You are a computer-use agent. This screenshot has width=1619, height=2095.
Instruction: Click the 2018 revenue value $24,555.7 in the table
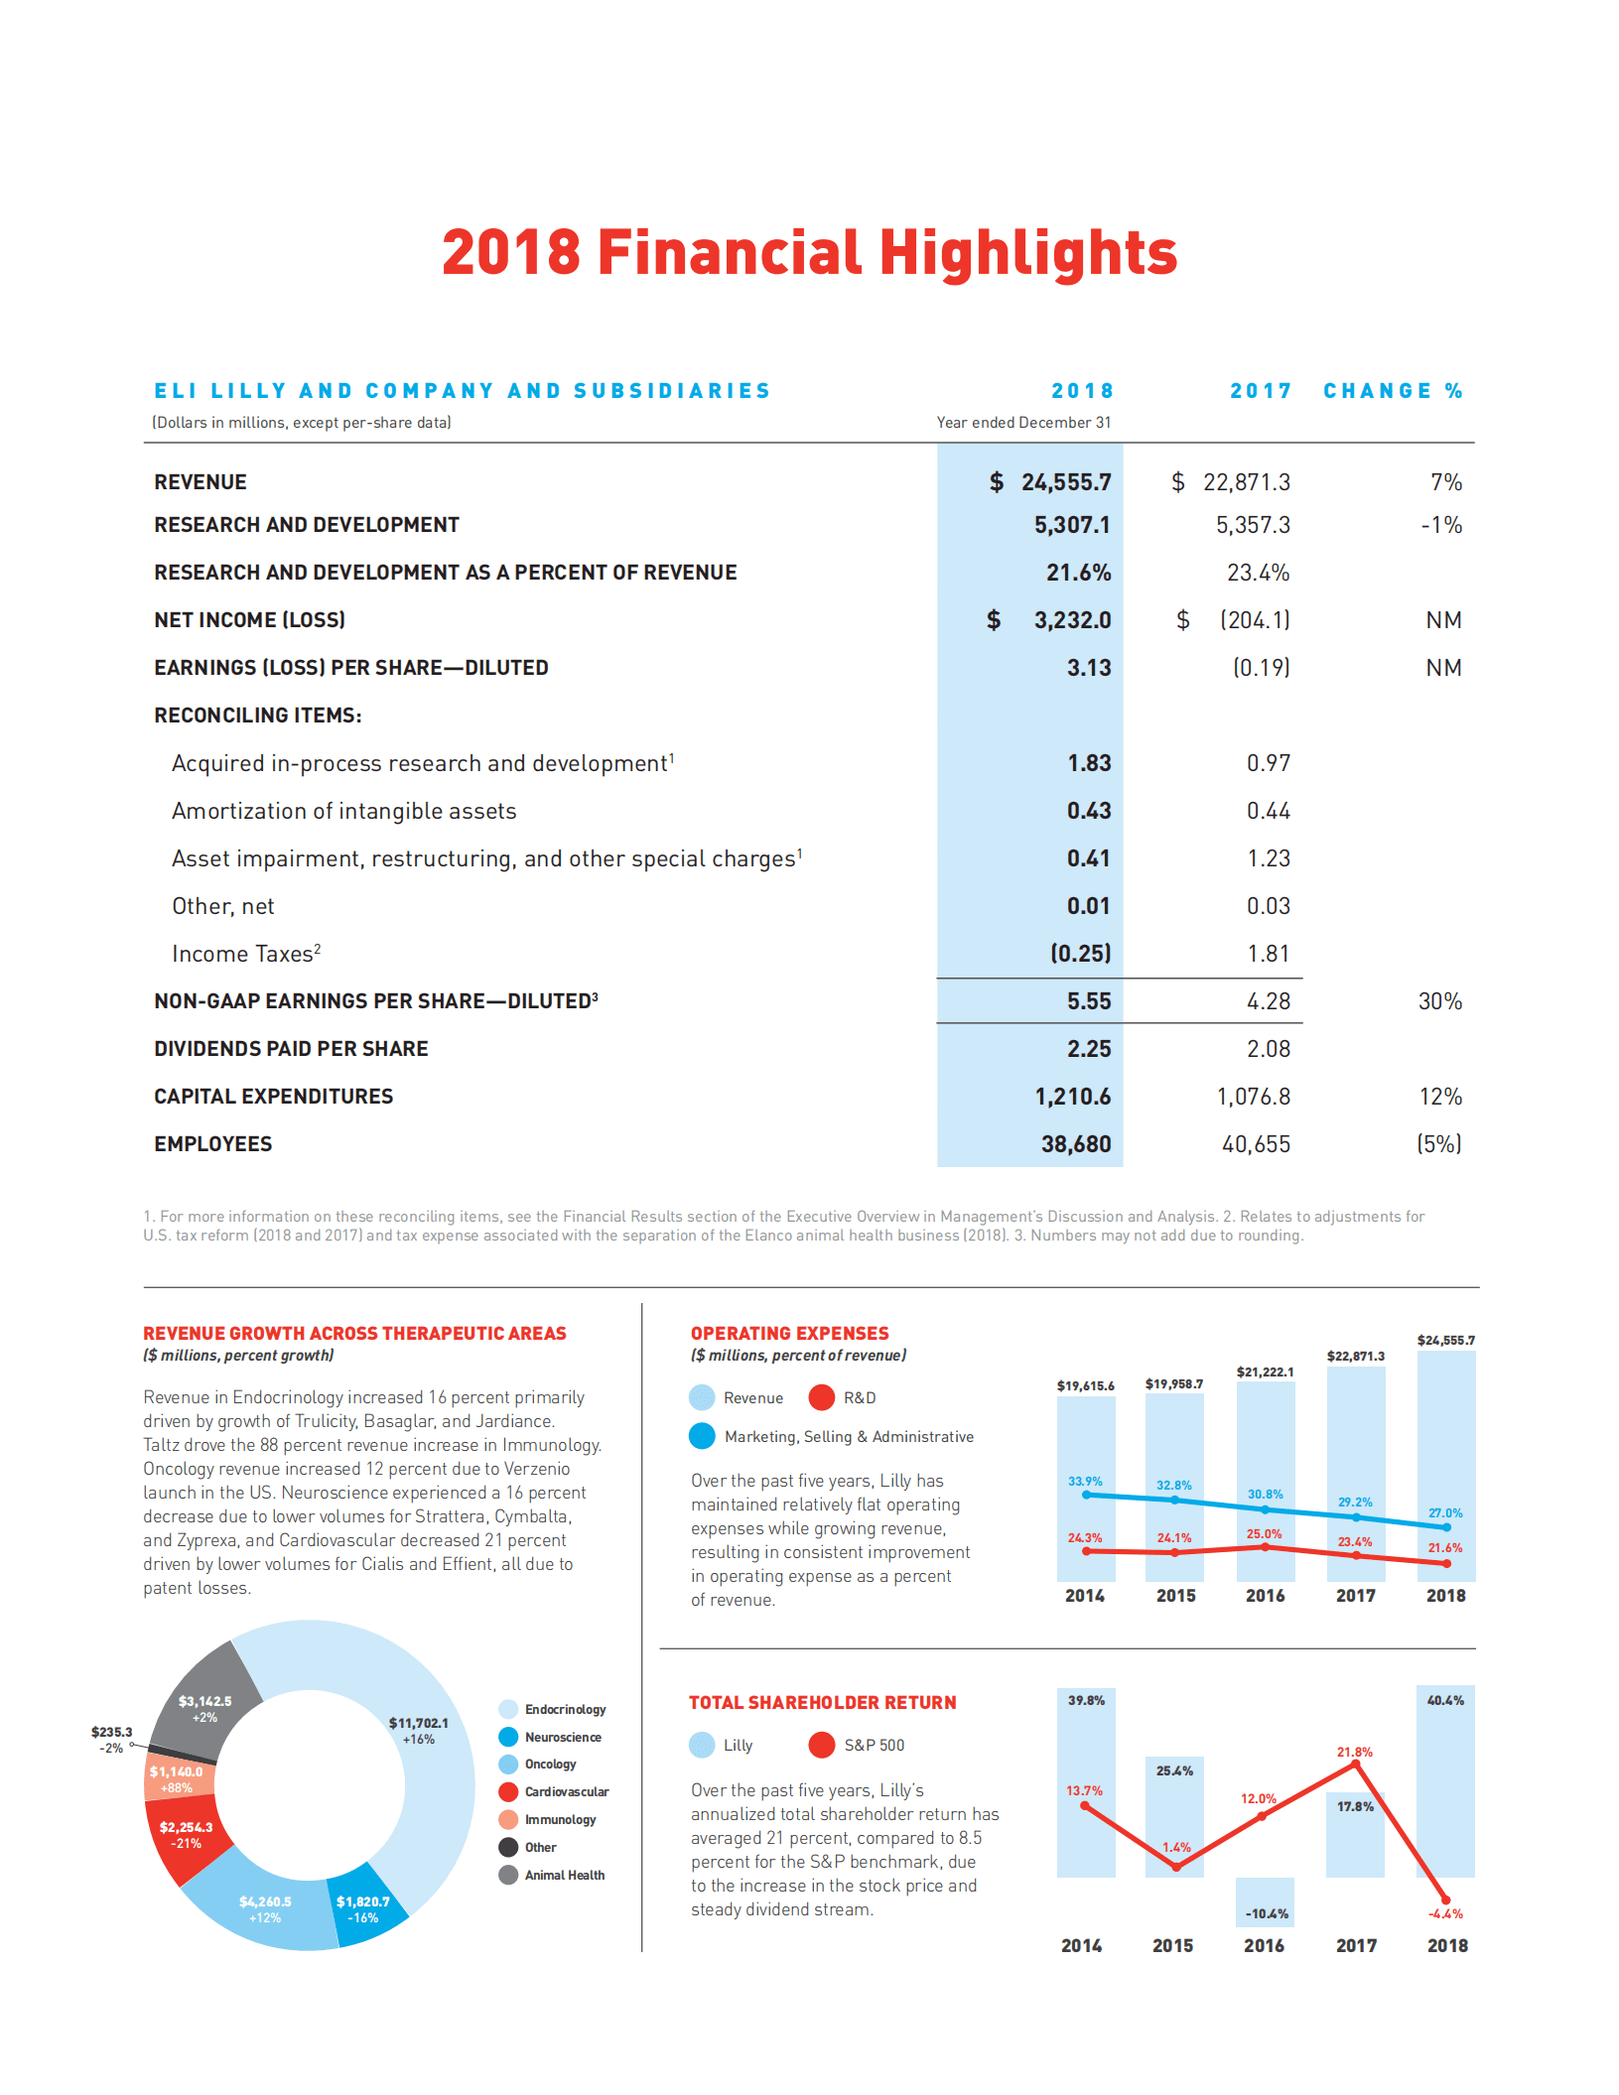[1065, 482]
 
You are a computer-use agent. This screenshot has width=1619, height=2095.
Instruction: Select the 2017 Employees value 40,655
[1256, 1144]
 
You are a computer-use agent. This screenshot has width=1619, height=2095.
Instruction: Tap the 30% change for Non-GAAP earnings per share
[1439, 1001]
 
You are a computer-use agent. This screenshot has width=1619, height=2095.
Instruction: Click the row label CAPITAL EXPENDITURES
[273, 1097]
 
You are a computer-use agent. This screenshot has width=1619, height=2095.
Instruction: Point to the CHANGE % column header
[1393, 391]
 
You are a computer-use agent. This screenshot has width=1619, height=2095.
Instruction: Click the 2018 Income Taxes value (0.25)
[1080, 954]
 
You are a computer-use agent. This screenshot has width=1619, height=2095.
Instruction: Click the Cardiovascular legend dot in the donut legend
[508, 1791]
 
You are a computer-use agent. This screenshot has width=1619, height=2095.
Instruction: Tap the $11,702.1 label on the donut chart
[418, 1723]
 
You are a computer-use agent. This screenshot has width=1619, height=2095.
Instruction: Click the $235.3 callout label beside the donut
[111, 1732]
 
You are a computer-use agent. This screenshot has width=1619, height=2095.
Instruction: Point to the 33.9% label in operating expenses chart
[1085, 1481]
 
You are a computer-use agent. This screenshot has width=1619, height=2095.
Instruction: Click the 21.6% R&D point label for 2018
[1444, 1547]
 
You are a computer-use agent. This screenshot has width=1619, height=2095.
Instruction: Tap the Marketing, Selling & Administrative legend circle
[702, 1436]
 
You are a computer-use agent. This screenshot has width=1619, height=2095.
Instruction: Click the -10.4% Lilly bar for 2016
[1265, 1901]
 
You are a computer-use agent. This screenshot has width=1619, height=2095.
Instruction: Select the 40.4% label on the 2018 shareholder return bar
[1444, 1700]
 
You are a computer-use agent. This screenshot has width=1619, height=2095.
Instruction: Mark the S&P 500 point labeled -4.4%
[1445, 1899]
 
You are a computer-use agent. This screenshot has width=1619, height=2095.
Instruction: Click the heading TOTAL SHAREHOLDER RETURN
[822, 1703]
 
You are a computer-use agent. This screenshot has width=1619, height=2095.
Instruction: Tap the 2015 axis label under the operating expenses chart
[1175, 1596]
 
